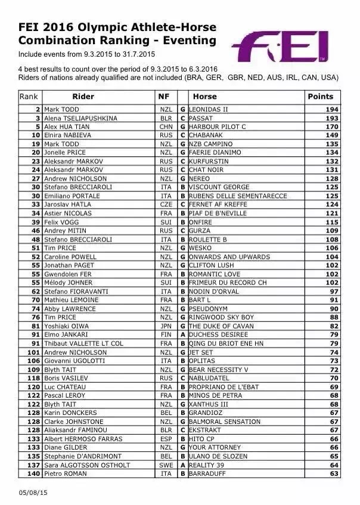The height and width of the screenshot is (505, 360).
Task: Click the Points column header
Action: click(x=320, y=96)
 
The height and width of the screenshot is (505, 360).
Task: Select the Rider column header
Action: click(x=83, y=96)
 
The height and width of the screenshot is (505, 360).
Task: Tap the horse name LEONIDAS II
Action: click(x=208, y=110)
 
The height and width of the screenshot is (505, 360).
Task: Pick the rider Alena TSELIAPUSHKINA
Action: click(x=80, y=118)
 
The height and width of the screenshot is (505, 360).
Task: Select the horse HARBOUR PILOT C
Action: click(x=217, y=127)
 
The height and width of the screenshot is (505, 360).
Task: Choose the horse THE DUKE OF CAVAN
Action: click(x=221, y=326)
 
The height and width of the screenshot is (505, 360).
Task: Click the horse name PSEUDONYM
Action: click(x=209, y=308)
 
